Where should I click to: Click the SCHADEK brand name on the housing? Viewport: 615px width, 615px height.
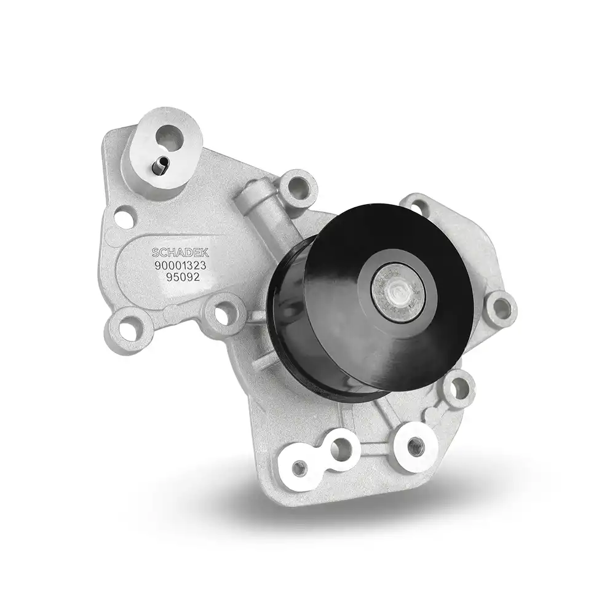point(180,252)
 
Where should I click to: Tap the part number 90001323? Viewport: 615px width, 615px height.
point(180,266)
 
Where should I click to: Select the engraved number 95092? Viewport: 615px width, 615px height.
point(183,277)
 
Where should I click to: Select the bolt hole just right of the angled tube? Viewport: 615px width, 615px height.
point(297,187)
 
